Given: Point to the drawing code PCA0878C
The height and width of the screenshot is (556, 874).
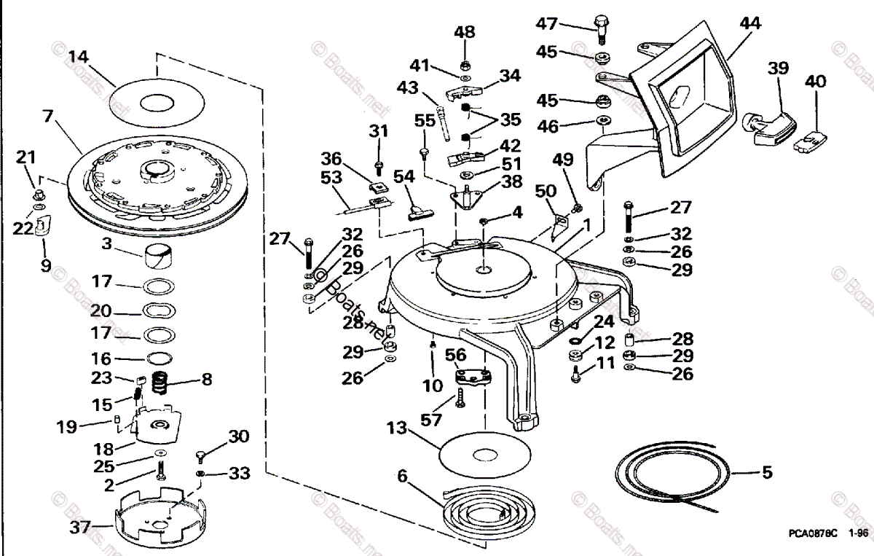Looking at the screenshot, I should tap(816, 533).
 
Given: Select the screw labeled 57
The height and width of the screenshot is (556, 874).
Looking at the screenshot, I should tap(460, 397).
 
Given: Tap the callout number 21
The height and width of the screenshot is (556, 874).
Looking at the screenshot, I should tap(25, 157).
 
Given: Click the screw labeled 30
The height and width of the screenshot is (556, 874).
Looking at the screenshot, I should tap(201, 456).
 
